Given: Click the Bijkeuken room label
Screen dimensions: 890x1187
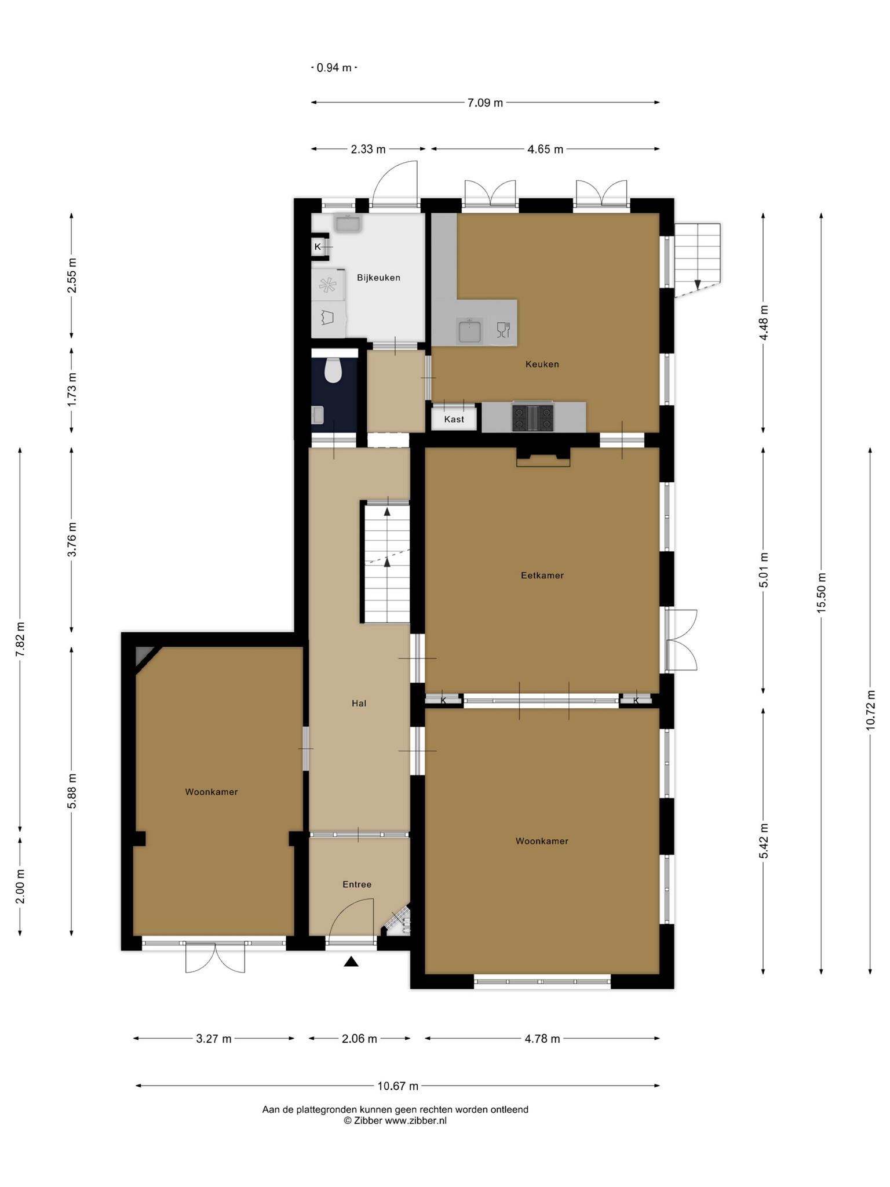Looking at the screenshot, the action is (x=378, y=278).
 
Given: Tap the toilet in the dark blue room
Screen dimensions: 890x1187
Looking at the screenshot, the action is (x=333, y=371).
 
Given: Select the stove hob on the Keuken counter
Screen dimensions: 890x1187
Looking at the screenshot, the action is (x=532, y=417).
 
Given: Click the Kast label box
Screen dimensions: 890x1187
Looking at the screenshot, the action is (x=454, y=418).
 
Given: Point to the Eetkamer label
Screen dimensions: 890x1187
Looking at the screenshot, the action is (x=542, y=576).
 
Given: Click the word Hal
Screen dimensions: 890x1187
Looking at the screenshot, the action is (x=359, y=703).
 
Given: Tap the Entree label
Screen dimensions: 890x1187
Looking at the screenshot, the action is (x=357, y=884).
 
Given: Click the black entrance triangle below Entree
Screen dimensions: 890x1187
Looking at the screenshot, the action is (x=351, y=962).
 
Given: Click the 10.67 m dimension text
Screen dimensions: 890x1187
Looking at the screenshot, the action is (x=398, y=1086).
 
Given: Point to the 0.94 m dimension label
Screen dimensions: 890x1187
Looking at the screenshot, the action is (x=334, y=68).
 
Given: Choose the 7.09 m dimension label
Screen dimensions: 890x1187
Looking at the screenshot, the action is (x=486, y=103).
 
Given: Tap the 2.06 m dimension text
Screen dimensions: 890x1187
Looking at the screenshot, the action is (x=359, y=1038).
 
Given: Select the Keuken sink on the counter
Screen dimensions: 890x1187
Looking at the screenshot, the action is (x=469, y=331).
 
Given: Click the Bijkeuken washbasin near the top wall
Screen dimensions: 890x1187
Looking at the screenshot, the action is (x=348, y=223).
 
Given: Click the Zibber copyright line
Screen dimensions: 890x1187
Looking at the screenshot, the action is (x=395, y=1120).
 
